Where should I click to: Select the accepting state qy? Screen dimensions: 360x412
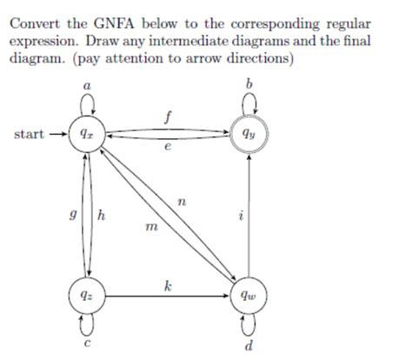pyautogui.click(x=250, y=135)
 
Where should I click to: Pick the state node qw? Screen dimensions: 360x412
pyautogui.click(x=250, y=295)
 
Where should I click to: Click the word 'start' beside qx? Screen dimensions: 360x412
pyautogui.click(x=30, y=135)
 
